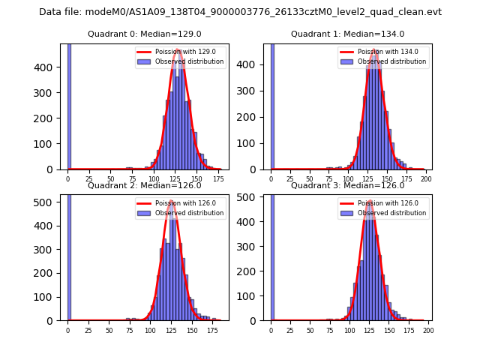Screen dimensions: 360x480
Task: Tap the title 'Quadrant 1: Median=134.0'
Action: (x=347, y=34)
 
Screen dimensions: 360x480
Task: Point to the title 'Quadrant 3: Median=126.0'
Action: (x=347, y=185)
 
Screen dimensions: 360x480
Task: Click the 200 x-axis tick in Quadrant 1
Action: (x=426, y=180)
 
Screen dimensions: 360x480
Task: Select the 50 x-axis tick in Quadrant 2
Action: (x=109, y=331)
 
